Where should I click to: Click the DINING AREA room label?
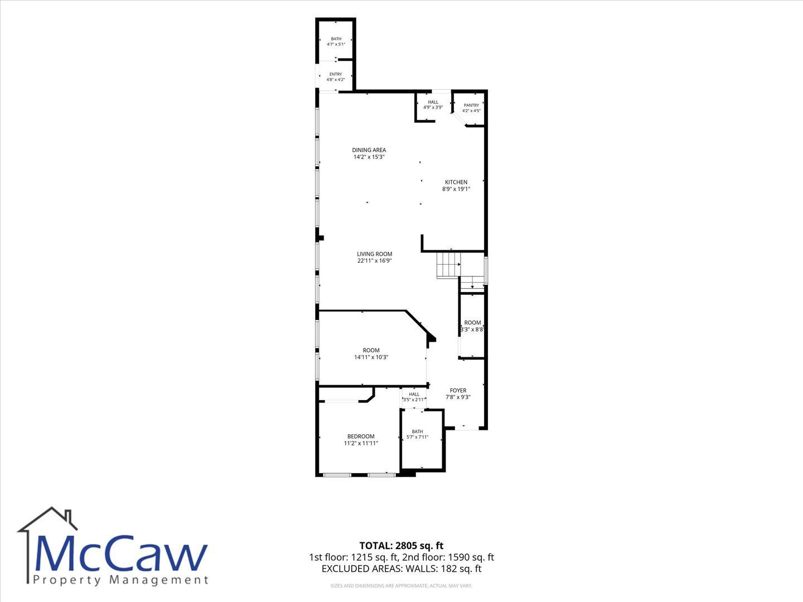(369, 150)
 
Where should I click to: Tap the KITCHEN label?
(456, 182)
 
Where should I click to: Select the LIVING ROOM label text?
(374, 254)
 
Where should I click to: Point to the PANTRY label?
(471, 105)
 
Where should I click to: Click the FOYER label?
(458, 390)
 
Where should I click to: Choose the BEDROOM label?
(361, 436)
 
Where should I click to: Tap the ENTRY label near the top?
(336, 74)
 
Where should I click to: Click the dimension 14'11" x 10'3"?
(371, 357)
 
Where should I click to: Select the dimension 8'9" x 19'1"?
(456, 189)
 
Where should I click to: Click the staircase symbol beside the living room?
(461, 271)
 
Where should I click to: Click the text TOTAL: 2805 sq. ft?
(401, 546)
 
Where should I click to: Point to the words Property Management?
(120, 580)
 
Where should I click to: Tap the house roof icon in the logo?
(47, 518)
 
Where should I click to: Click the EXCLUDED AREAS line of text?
(401, 569)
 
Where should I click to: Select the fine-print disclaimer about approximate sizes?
(401, 586)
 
